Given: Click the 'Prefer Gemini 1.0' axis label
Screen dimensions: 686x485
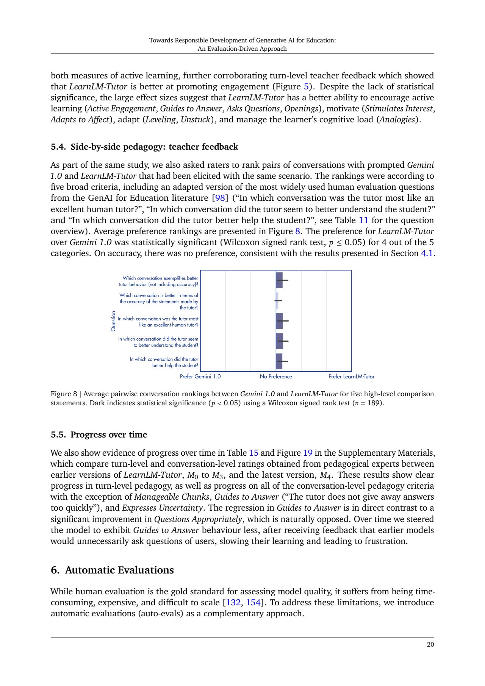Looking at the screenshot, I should tap(200, 377).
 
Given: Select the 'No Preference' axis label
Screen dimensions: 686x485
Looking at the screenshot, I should tap(276, 377).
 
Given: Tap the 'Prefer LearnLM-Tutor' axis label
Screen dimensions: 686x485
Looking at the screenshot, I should tap(351, 377).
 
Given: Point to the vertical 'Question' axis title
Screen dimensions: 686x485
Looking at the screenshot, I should tap(113, 321).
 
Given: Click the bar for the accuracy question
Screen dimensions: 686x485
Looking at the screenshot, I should tap(277, 301).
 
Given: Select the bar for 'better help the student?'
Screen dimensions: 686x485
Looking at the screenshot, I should tap(279, 361).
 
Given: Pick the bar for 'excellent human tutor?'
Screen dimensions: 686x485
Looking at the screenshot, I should tap(280, 321).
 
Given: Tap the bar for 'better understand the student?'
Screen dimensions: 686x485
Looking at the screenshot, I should tap(280, 341).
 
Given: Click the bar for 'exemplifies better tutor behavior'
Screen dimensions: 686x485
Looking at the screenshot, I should tap(279, 280).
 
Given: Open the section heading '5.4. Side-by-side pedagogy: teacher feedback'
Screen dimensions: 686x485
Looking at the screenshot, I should tap(144, 147).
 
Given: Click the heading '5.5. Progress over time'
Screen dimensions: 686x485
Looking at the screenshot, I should tap(99, 435).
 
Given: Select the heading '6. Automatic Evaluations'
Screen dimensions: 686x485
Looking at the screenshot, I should tap(112, 570).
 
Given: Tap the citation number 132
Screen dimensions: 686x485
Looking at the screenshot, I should tap(233, 603).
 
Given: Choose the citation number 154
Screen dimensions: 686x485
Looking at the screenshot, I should tap(253, 603).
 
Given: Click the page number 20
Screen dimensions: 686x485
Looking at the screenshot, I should tap(430, 645).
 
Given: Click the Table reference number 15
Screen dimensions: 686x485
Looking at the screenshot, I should tap(253, 453).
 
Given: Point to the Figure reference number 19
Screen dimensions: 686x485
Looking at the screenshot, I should tap(308, 453).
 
